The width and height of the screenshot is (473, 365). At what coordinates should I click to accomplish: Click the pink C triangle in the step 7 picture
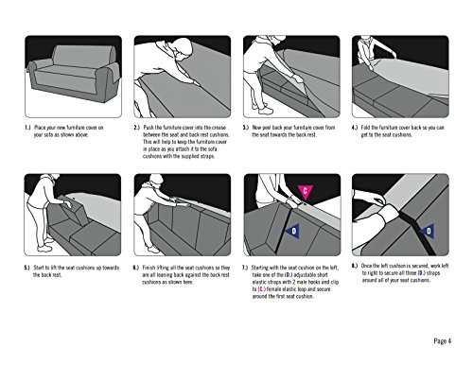coord(305,191)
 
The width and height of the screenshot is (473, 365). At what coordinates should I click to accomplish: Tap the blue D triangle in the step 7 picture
coord(293,232)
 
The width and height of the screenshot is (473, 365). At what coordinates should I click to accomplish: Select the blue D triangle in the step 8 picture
coord(428,231)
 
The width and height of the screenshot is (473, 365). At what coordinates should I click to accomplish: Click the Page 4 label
coord(442,340)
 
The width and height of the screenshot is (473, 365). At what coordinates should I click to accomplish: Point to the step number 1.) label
coord(27,128)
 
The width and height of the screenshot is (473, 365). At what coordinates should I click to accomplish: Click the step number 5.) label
coord(26,268)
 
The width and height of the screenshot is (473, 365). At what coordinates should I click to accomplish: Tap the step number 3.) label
coord(246,128)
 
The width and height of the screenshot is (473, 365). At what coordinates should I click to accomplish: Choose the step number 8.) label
coord(355,266)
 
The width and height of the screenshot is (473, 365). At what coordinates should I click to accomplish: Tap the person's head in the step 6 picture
coord(156,181)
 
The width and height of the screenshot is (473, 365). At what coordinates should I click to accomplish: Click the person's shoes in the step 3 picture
coord(263,109)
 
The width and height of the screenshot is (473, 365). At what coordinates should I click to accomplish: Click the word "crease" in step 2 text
coord(219,128)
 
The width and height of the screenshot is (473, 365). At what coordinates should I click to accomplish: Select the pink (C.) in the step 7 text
coord(261,289)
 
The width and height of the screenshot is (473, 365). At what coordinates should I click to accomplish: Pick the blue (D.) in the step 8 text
coord(422,273)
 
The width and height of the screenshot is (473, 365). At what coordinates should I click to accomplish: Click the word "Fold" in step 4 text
coord(365,128)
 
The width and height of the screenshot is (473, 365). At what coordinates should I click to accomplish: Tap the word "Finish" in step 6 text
coord(149,268)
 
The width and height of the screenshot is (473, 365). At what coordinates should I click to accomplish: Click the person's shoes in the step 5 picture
coord(46,245)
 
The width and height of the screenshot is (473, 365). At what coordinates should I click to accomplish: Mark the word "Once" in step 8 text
coord(367,266)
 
